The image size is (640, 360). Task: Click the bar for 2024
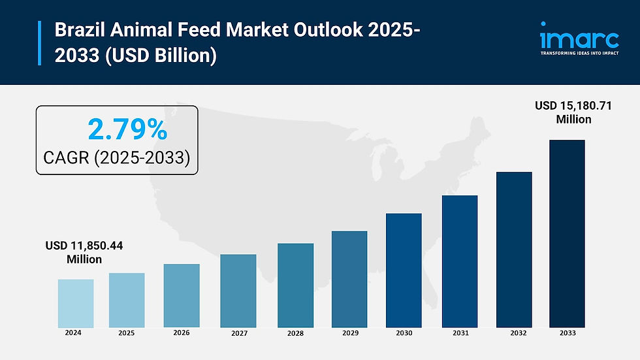[x=76, y=303]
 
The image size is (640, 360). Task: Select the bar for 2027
[x=238, y=291]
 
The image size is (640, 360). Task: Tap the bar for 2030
[x=404, y=270]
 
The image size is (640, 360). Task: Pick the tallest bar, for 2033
[x=567, y=233]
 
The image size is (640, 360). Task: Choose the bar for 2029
[x=349, y=279]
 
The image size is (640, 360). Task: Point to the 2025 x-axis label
[x=127, y=333]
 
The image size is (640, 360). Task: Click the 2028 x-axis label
[x=295, y=333]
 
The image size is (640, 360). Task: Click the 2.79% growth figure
[x=127, y=131]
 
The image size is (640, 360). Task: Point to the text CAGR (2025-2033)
[x=116, y=157]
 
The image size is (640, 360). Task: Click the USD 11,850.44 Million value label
[x=84, y=252]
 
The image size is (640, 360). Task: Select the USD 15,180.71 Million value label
[x=573, y=112]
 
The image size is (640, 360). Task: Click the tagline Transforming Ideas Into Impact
[x=579, y=53]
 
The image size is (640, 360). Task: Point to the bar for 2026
[x=182, y=295]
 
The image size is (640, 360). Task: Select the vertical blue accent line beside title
[x=40, y=43]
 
